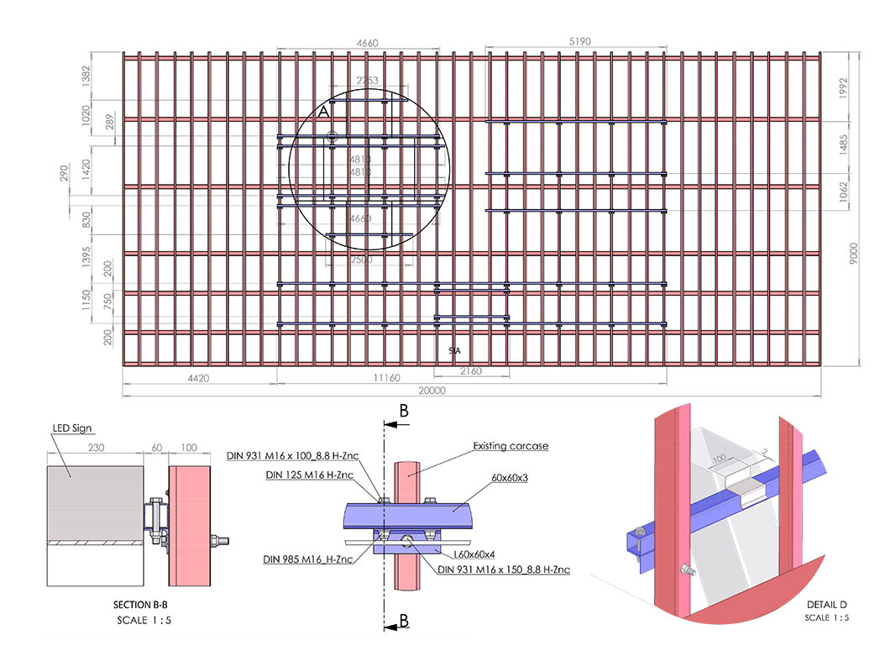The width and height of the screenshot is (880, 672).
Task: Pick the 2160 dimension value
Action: point(472,370)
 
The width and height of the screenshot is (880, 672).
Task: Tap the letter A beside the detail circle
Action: point(324,112)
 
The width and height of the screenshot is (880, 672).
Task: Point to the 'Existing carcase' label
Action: point(511,446)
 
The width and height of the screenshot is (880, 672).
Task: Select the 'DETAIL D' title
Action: point(826,606)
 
